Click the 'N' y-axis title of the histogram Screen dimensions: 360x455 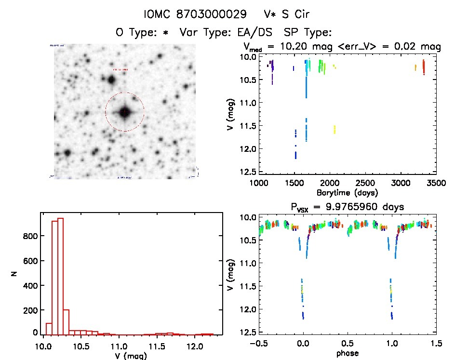pyautogui.click(x=16, y=273)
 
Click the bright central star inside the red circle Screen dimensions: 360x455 pyautogui.click(x=125, y=112)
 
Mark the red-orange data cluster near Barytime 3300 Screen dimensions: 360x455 pyautogui.click(x=423, y=67)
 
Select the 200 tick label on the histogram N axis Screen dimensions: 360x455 pyautogui.click(x=31, y=308)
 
